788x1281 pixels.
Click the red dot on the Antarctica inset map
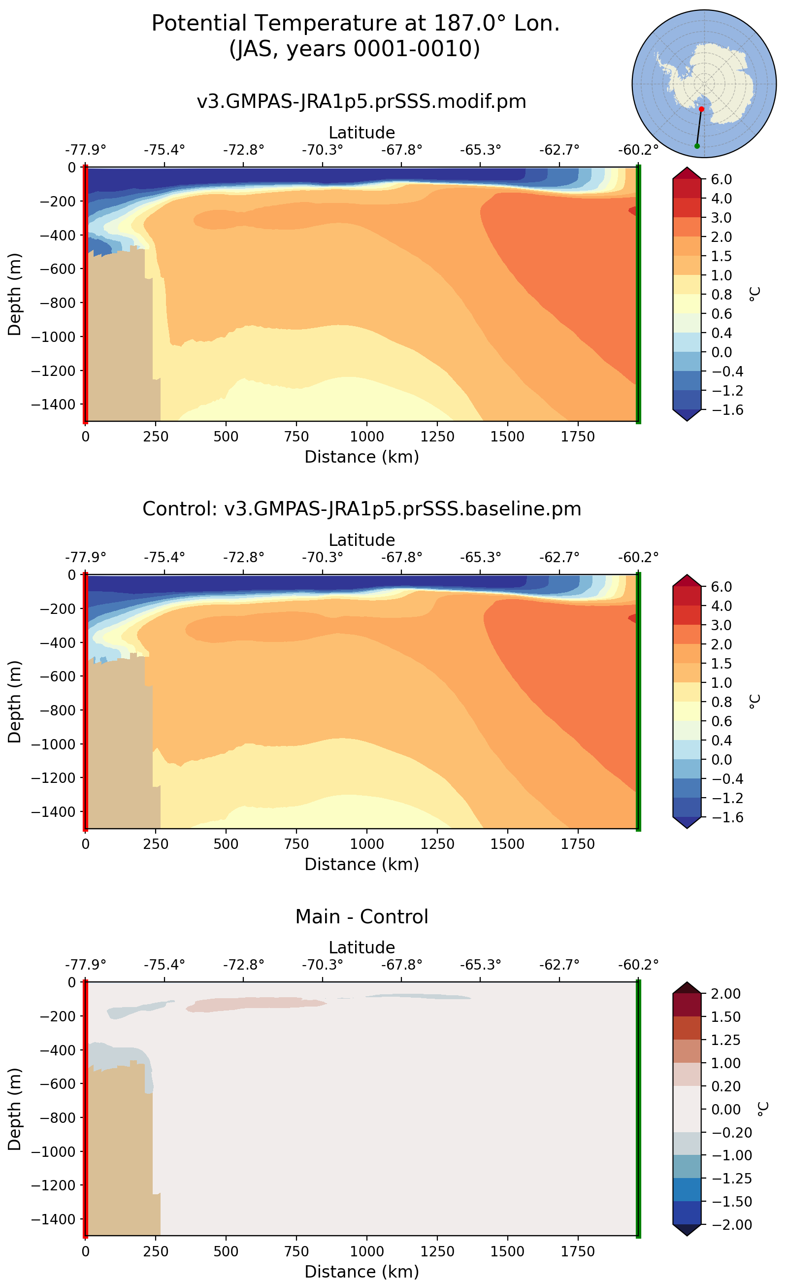click(701, 109)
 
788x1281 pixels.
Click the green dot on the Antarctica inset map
click(697, 146)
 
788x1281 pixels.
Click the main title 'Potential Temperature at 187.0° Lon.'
click(356, 24)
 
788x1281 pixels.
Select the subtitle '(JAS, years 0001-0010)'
click(355, 48)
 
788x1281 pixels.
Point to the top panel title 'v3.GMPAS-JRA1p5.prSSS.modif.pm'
click(361, 101)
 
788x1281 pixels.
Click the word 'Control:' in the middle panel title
click(180, 508)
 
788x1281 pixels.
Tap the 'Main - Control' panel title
click(361, 916)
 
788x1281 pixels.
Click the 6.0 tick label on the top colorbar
click(722, 179)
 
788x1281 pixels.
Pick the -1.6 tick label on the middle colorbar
click(722, 817)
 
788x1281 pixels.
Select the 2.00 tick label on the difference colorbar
click(725, 993)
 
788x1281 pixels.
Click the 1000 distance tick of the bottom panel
click(366, 1251)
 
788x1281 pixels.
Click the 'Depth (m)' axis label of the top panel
click(15, 294)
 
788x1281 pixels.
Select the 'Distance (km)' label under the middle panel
click(361, 864)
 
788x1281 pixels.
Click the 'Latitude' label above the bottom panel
click(361, 947)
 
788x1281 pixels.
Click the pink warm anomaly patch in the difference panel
click(250, 1004)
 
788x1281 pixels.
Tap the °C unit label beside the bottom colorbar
click(762, 1109)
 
